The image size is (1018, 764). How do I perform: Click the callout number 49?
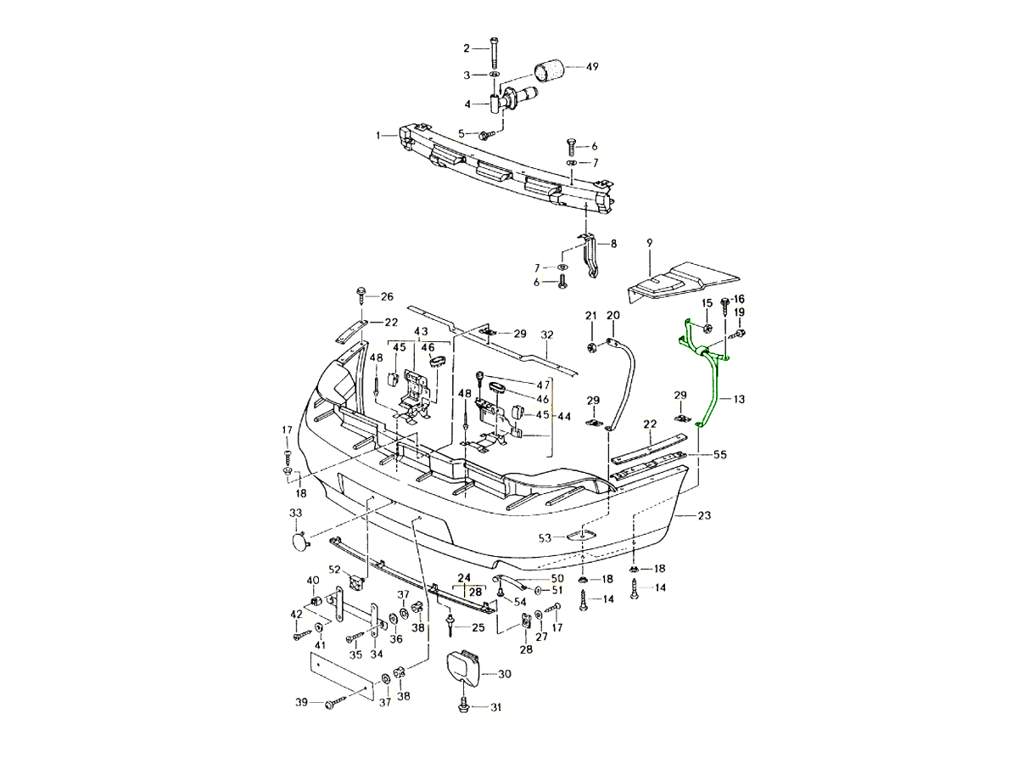(x=592, y=66)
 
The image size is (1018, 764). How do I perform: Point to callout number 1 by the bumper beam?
(x=380, y=135)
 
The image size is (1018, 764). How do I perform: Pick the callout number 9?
(x=649, y=243)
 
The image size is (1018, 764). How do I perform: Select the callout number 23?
(x=705, y=515)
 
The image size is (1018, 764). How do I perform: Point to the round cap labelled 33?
(x=298, y=540)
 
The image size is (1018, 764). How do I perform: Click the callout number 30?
(x=505, y=674)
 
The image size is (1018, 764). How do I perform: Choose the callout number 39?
(x=300, y=703)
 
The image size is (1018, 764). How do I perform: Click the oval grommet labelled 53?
(x=579, y=536)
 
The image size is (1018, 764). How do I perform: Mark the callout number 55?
(x=719, y=455)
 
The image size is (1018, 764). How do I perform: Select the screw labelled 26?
(x=362, y=297)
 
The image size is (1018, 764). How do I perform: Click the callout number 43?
(x=422, y=331)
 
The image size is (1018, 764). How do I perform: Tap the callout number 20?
(x=612, y=316)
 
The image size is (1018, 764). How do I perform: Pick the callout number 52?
(x=334, y=570)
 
